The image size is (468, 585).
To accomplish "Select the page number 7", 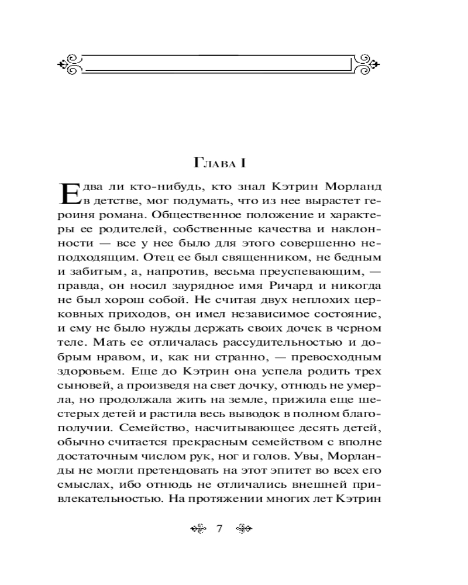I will tap(220, 529).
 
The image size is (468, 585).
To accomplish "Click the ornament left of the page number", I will tap(199, 529).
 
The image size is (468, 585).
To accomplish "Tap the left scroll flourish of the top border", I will tap(72, 63).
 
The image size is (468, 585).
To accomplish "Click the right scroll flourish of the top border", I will tap(369, 63).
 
